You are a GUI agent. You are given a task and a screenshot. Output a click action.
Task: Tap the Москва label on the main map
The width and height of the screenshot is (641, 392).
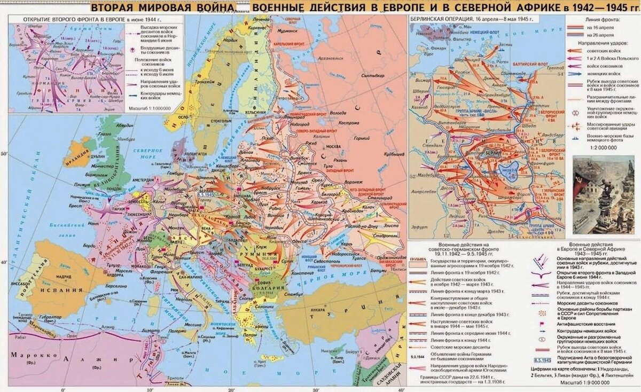pyautogui.click(x=333, y=146)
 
